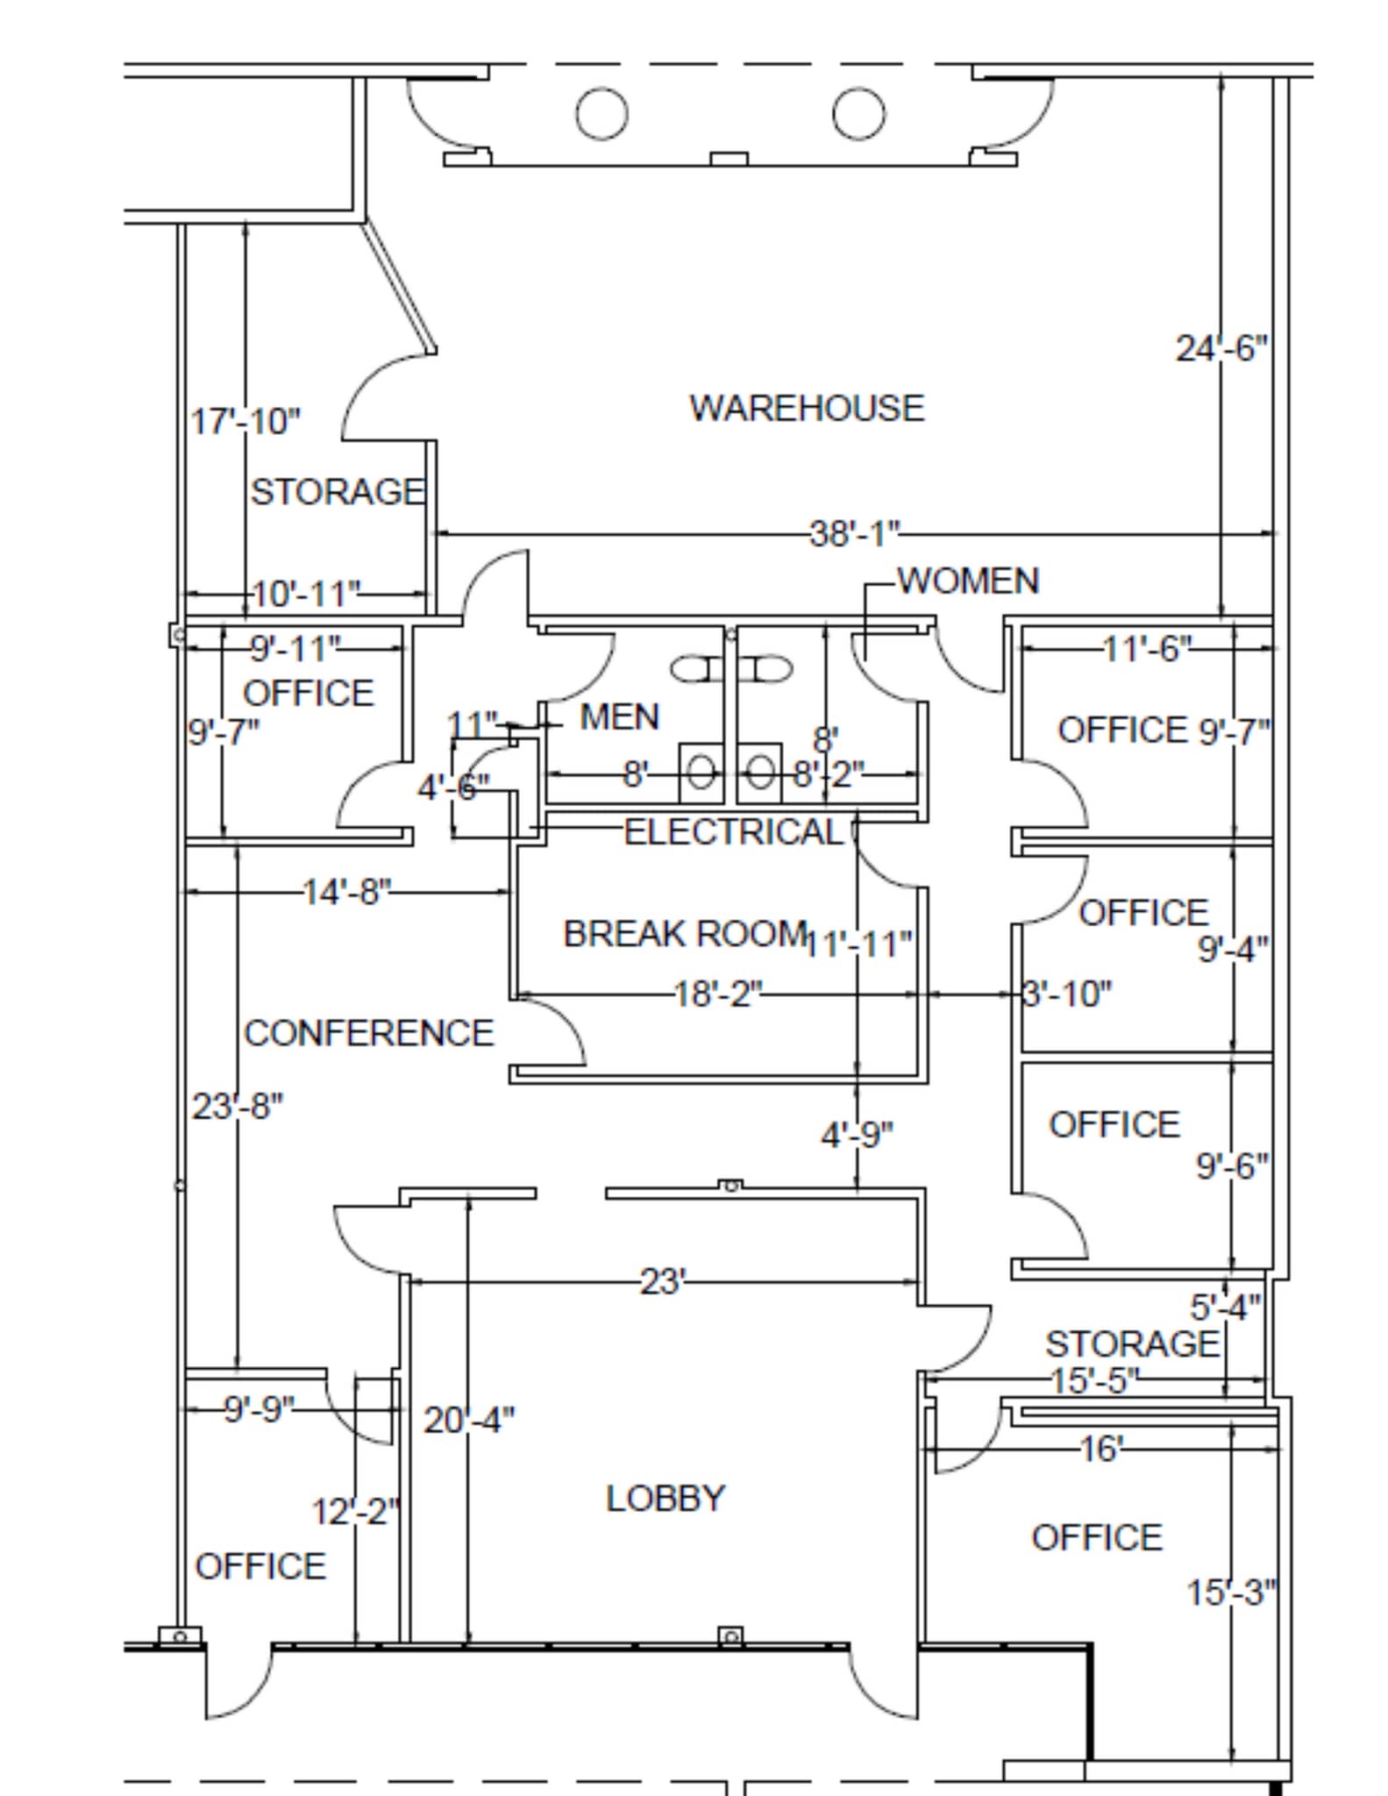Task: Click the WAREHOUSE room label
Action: coord(806,409)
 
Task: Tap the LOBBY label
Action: coord(666,1498)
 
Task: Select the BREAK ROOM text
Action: coord(684,934)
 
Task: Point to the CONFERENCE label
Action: coord(368,1033)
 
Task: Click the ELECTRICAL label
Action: coord(733,832)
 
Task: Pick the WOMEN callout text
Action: coord(968,581)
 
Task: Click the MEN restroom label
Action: coord(619,717)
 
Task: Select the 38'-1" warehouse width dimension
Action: coord(854,533)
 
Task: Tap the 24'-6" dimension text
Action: coord(1221,349)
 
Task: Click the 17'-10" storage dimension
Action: coord(246,422)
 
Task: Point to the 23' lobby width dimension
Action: coord(662,1282)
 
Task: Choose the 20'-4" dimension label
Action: coord(469,1420)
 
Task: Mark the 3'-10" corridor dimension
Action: coord(1067,994)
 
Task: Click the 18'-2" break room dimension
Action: coord(717,994)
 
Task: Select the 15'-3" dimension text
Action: coord(1231,1593)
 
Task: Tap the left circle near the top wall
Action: coord(601,114)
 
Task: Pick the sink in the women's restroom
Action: coord(759,773)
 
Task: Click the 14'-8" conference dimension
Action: coord(346,893)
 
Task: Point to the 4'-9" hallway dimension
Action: coord(857,1136)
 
